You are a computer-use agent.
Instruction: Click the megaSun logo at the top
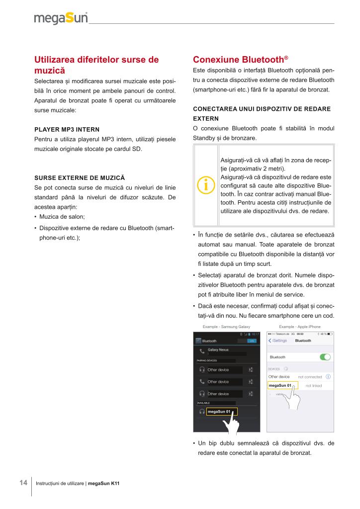(x=61, y=18)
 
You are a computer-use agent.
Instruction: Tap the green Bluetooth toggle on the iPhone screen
(x=325, y=357)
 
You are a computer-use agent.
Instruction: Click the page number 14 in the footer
(x=23, y=483)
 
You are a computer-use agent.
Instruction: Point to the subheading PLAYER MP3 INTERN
(x=67, y=130)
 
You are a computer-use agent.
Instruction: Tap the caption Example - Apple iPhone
(x=300, y=326)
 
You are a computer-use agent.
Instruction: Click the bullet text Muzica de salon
(x=62, y=216)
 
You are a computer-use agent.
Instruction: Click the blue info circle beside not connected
(x=329, y=377)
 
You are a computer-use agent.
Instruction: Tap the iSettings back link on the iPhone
(x=278, y=340)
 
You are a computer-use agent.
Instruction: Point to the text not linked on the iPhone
(x=314, y=386)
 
